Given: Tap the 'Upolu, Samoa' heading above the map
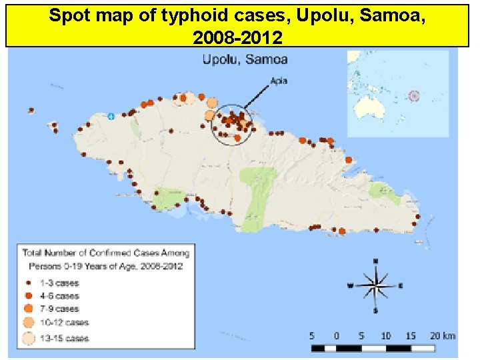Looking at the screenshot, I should [x=245, y=59].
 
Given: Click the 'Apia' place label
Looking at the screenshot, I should [x=279, y=83].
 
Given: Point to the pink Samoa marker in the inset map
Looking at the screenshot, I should [x=414, y=96].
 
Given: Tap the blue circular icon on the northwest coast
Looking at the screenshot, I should [x=111, y=116].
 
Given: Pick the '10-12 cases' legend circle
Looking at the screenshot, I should [x=27, y=323].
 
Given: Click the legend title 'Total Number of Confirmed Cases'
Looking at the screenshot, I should [x=105, y=253].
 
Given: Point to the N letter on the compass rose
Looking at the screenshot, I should [x=376, y=261].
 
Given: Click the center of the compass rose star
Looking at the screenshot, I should [x=376, y=285].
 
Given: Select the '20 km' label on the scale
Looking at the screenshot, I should [x=443, y=335].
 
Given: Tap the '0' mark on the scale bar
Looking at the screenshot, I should [x=336, y=335].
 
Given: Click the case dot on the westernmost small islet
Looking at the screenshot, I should [x=31, y=110].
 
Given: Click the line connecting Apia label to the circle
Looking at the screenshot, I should [x=257, y=97].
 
